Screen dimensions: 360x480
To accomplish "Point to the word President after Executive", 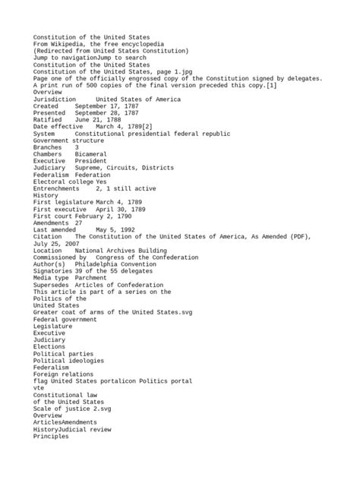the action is point(90,162).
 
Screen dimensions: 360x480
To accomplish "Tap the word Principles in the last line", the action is point(51,437).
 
